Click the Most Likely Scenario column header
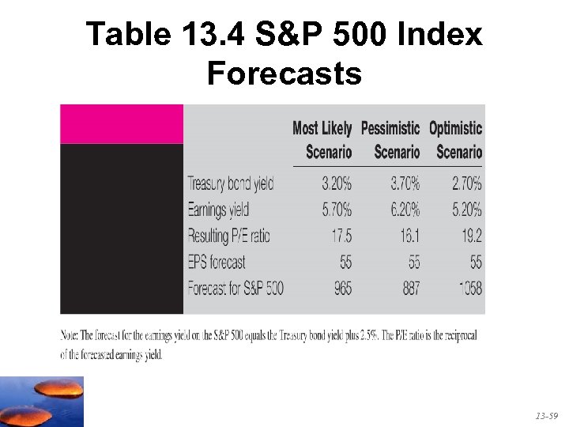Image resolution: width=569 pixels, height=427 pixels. pos(322,139)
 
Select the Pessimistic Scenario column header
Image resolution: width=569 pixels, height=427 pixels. pos(390,139)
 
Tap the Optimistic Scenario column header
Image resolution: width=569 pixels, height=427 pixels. pos(455,139)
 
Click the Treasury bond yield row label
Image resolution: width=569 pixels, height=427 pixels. pos(230,183)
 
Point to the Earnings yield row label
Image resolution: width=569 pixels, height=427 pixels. pos(218,210)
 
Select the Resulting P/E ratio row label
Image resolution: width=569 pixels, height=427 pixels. pos(228,236)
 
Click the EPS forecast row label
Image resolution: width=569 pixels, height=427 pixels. pos(217,262)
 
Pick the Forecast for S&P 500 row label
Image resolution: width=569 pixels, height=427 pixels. pos(235,288)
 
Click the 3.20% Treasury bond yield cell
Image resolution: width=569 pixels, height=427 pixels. pos(337,183)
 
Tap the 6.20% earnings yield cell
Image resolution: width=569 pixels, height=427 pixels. pos(405,210)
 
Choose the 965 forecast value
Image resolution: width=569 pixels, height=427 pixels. pos(342,288)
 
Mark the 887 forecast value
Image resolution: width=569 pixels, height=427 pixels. pos(411,288)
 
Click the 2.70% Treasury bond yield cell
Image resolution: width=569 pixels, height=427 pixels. pos(466,183)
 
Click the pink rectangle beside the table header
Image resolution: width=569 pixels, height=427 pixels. pos(122,124)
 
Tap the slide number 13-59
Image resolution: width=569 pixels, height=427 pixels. pos(546,415)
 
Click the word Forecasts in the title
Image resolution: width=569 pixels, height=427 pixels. pos(284,74)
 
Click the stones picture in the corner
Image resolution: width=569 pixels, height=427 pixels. pos(41,402)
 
